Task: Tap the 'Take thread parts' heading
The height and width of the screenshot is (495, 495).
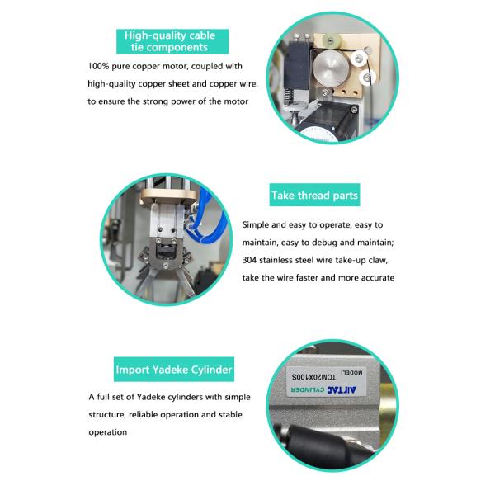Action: (313, 196)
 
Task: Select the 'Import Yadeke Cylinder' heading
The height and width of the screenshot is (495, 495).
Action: (172, 369)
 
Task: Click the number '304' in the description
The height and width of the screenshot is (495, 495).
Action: (251, 260)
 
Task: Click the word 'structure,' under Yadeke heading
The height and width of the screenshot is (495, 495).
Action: (106, 414)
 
